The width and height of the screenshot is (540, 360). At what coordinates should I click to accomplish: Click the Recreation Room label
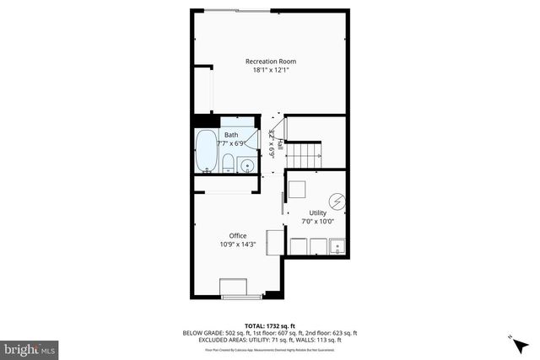tap(270, 61)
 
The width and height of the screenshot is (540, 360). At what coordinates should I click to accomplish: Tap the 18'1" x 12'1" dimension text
tap(270, 70)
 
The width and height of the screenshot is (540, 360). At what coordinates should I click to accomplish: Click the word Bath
tap(230, 135)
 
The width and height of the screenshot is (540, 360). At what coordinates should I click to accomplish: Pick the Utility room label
tap(317, 212)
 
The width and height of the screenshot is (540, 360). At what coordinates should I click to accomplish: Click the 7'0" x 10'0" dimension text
tap(317, 222)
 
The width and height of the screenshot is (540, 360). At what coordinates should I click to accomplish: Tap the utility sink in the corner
tap(337, 247)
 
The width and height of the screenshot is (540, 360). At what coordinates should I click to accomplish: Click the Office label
tap(238, 235)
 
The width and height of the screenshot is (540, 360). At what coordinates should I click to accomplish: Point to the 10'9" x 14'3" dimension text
tap(238, 244)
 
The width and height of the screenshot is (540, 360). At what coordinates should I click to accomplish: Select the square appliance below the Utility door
tap(275, 242)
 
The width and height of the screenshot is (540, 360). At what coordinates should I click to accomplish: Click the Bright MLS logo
tap(30, 347)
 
